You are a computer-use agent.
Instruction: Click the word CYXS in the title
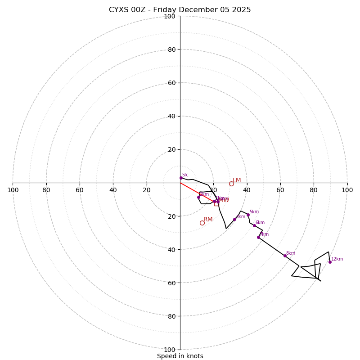point(119,10)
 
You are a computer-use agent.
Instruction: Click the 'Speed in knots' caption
point(180,356)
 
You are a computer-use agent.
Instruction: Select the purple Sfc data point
point(181,178)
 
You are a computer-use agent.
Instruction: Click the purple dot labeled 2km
point(198,197)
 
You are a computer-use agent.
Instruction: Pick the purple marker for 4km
point(234,219)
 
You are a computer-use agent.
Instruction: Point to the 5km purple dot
point(248,215)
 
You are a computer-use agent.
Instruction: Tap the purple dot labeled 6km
point(254,225)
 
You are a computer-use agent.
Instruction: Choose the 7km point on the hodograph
point(258,237)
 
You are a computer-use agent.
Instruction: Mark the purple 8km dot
point(285,256)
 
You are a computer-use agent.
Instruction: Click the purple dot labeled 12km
point(330,262)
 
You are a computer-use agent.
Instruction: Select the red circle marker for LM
point(231,184)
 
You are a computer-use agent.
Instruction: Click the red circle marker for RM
point(202,223)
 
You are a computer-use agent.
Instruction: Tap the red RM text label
point(208,219)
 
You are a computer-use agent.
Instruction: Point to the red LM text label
point(237,180)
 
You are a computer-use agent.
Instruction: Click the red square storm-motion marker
point(216,204)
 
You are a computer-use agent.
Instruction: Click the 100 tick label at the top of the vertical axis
point(170,16)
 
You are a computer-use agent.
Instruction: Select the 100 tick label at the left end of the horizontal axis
point(13,190)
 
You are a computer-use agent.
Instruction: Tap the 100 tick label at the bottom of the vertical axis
point(170,349)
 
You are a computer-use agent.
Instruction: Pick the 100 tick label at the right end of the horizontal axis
point(347,190)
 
